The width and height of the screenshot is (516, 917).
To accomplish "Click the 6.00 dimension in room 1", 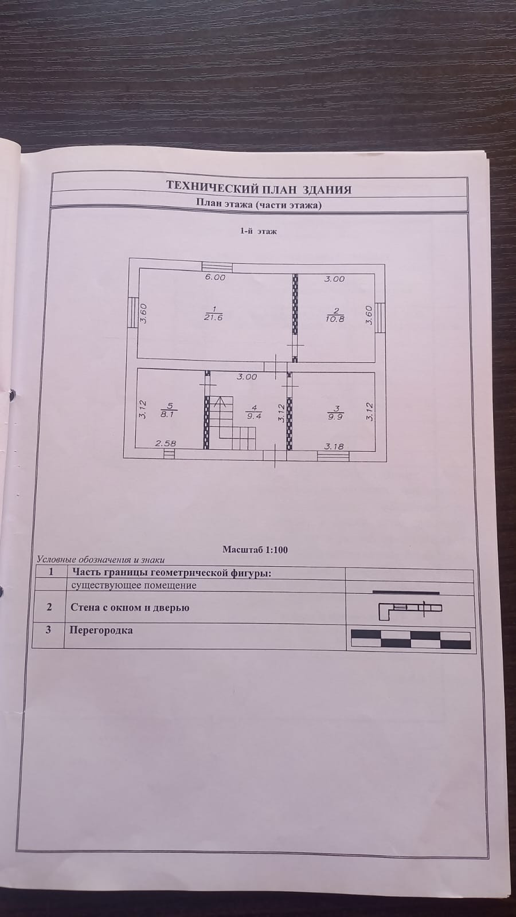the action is tap(216, 277).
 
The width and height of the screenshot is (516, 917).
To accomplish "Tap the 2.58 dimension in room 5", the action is tap(166, 444).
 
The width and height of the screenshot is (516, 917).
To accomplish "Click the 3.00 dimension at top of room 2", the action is tap(334, 279).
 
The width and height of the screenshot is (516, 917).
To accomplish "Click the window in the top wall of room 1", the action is tap(217, 267).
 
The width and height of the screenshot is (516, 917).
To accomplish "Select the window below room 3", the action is tap(333, 456).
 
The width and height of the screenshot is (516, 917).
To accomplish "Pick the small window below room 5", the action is tap(169, 454).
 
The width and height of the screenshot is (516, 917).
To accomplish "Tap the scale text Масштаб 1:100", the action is tap(255, 550).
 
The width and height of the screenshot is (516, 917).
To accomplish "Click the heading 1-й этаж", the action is tap(258, 232).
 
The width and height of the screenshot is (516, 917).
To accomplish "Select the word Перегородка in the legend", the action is tap(101, 630).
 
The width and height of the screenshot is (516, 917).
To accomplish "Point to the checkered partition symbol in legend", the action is tap(410, 639).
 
